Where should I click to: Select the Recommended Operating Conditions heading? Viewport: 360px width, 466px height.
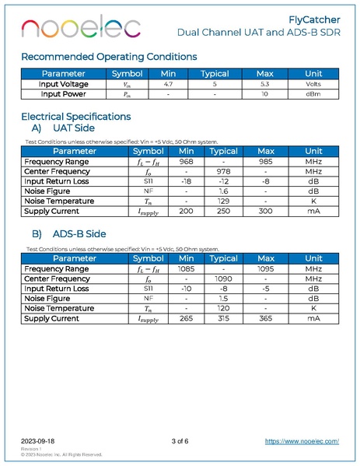coord(108,56)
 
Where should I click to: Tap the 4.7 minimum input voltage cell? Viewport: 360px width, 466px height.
coord(169,83)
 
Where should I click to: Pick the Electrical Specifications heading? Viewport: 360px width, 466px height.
coord(75,117)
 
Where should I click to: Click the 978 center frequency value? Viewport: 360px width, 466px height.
coord(224,170)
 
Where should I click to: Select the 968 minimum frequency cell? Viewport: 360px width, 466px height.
coord(186,161)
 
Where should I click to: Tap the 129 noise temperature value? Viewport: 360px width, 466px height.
coord(224,201)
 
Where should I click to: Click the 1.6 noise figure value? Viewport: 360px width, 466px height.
coord(224,191)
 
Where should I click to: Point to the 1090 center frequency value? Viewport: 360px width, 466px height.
coord(224,278)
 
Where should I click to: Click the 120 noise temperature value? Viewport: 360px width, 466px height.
coord(224,308)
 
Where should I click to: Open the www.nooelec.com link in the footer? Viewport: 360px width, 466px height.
coord(302,440)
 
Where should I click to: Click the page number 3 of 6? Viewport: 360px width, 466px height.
coord(180,440)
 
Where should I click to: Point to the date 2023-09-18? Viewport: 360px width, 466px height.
coord(38,440)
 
